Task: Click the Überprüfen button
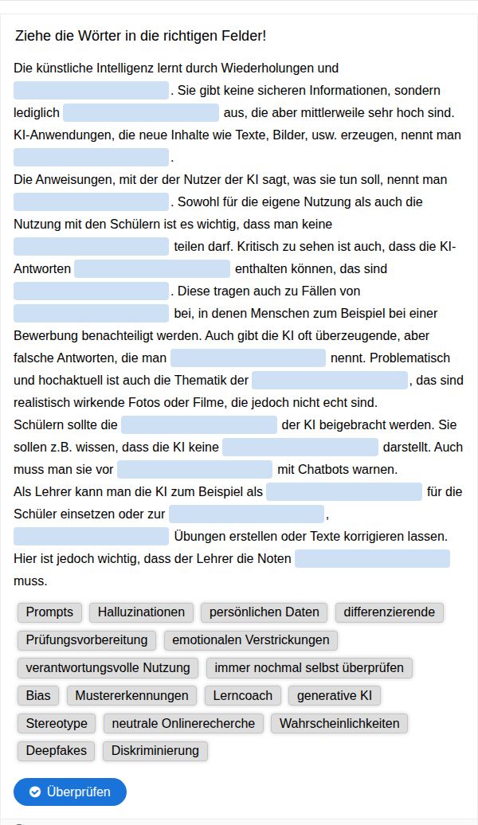point(70,792)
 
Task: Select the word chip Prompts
point(49,612)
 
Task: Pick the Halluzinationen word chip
point(141,612)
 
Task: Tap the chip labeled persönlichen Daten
point(264,612)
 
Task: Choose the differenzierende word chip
point(390,612)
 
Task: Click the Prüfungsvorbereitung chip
point(87,640)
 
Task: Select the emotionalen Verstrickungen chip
point(251,640)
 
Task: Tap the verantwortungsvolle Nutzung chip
point(108,667)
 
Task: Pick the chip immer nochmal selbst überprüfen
point(309,667)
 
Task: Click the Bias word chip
point(38,695)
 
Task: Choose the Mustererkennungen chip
point(131,695)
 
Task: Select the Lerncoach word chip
point(243,695)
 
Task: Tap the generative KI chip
point(335,695)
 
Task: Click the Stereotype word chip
point(56,723)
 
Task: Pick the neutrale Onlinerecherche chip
point(183,723)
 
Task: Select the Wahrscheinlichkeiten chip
point(339,723)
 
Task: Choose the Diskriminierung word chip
point(155,750)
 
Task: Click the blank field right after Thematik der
point(329,380)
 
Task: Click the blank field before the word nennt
point(248,358)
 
